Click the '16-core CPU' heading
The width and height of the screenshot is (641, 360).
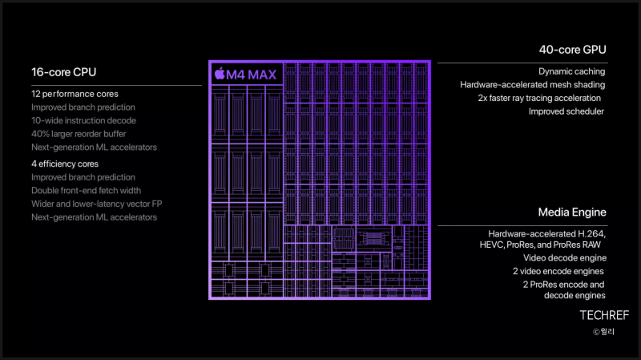pos(64,72)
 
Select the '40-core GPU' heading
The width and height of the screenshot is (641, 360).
pos(572,50)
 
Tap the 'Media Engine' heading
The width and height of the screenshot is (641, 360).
pos(572,212)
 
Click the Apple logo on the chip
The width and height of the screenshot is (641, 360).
pos(220,74)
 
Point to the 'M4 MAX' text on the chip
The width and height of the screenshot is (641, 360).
pos(252,75)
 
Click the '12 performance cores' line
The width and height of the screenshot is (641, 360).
pos(75,94)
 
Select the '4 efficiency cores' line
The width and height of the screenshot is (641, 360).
pos(65,164)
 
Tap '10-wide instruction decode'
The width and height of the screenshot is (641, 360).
pos(84,121)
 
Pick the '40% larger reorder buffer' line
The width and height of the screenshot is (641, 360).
pos(79,134)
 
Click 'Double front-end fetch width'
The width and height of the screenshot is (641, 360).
pos(87,191)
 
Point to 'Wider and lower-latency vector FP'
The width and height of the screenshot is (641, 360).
pos(97,204)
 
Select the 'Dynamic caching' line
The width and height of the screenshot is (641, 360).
pos(571,71)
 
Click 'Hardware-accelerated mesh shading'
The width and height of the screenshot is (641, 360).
pos(532,85)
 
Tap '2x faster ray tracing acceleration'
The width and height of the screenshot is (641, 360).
pos(539,98)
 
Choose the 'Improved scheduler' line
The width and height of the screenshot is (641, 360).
pos(566,111)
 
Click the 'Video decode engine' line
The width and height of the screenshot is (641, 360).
pos(565,258)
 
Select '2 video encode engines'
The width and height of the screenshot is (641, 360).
pos(558,271)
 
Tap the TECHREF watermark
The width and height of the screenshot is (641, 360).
pos(604,315)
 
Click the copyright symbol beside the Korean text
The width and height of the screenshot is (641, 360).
pos(596,332)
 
